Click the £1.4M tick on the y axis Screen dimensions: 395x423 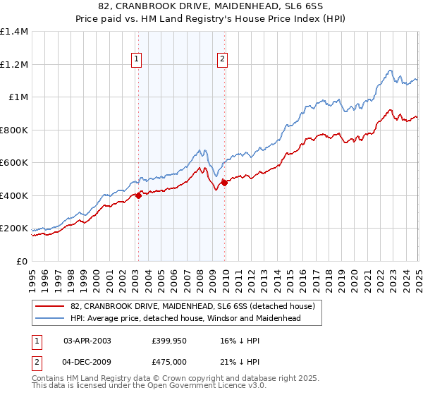point(15,32)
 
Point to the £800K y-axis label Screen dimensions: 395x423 point(14,130)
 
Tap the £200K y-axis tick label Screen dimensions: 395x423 point(14,229)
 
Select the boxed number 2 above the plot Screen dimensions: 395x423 point(222,60)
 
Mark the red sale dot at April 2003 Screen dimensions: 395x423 point(138,196)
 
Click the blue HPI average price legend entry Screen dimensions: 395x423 point(185,318)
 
